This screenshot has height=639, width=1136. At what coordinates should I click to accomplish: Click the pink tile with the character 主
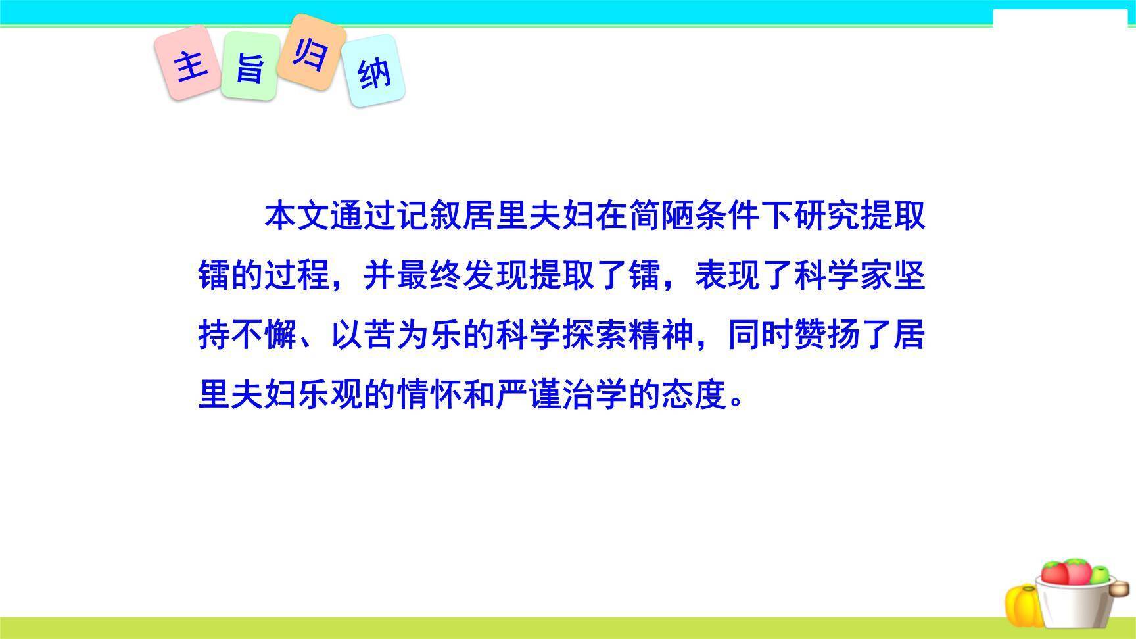coord(188,64)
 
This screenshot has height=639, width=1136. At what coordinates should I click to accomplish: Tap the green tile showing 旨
coord(249,66)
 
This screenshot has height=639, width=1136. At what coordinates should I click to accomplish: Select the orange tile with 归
coord(310,52)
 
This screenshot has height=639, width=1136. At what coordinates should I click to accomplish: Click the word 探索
coord(596,335)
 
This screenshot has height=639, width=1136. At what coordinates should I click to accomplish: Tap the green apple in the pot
coord(1099,575)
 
